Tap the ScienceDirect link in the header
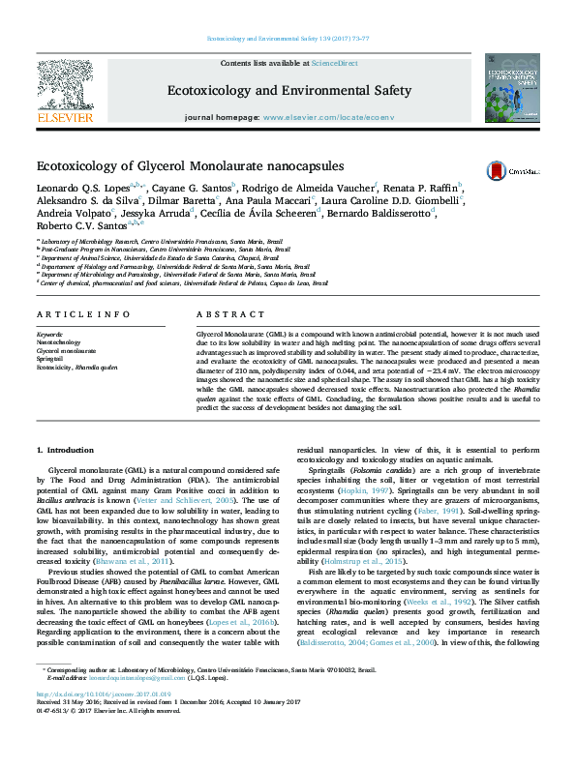(334, 63)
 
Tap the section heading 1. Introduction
(65, 451)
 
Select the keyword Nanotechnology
(60, 341)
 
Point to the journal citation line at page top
(288, 39)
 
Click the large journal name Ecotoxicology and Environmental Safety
(289, 90)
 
